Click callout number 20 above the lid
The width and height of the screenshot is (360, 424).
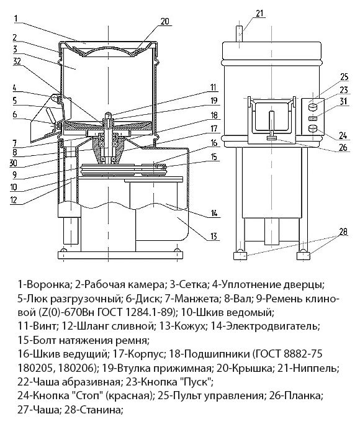tap(164, 21)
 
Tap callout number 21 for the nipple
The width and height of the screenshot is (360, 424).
tap(259, 14)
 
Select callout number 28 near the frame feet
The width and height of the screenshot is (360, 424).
tap(343, 232)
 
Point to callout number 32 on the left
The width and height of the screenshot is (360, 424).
tap(17, 61)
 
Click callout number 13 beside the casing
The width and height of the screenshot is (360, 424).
tap(214, 236)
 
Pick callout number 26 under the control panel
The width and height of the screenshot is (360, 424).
tap(343, 148)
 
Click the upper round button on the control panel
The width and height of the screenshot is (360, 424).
tap(313, 107)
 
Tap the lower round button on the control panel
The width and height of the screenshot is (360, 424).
tap(313, 128)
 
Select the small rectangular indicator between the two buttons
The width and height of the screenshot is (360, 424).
tap(313, 119)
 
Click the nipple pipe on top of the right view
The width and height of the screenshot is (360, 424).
tap(240, 34)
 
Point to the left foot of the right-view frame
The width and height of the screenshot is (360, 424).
tap(240, 255)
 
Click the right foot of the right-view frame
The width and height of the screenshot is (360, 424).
tap(304, 255)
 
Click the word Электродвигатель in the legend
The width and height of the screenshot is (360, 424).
tap(272, 327)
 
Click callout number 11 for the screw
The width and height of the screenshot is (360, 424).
tap(214, 88)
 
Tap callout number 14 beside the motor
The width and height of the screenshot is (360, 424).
tap(214, 213)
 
